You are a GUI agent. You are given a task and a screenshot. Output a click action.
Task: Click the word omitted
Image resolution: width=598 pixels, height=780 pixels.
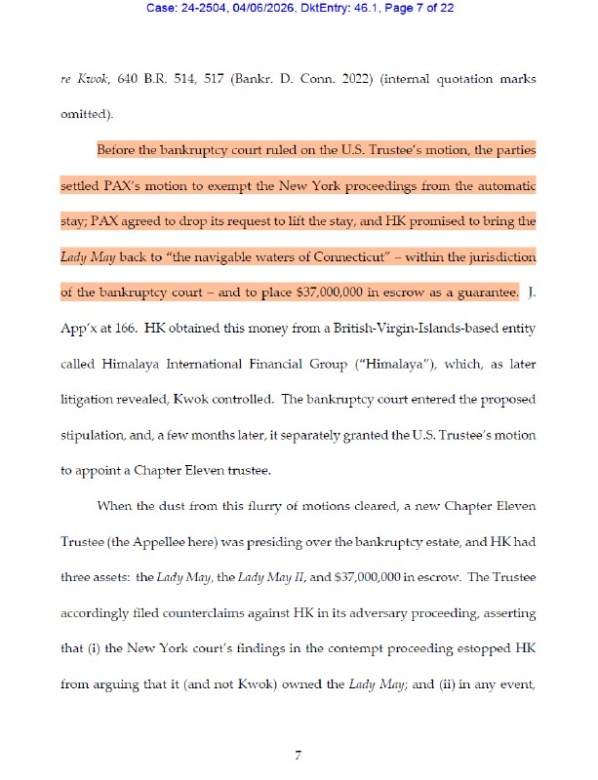tap(86, 113)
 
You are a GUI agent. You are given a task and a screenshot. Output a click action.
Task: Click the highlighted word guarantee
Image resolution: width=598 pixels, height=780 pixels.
tap(482, 292)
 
